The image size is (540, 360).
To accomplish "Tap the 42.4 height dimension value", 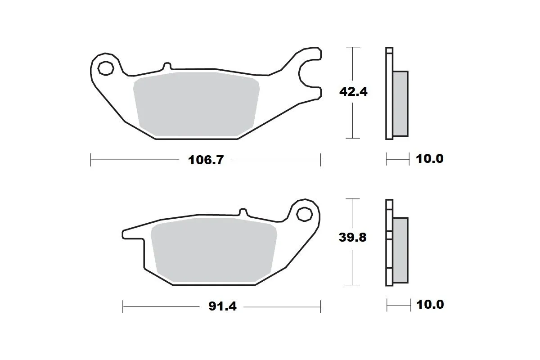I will tap(353, 92).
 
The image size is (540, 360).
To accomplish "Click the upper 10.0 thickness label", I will tap(429, 159).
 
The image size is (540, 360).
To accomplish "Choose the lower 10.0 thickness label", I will tap(430, 305).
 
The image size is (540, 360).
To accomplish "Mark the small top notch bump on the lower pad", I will tap(243, 212).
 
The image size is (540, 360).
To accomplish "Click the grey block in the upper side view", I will tap(401, 103).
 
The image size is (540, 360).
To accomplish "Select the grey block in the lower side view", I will tap(400, 250).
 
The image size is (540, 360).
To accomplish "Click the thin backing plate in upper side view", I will tap(389, 93).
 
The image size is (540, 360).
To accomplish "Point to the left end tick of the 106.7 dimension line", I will tap(91, 160).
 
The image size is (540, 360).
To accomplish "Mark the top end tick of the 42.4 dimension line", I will tap(353, 47).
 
